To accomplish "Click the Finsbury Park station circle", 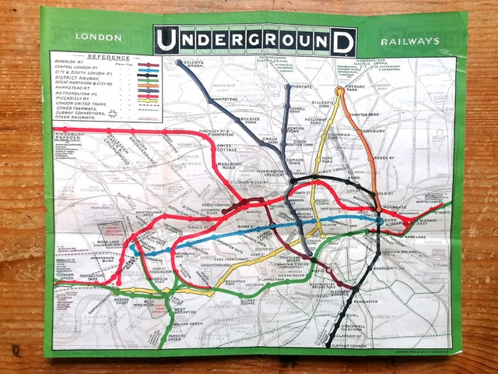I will [x=339, y=91].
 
